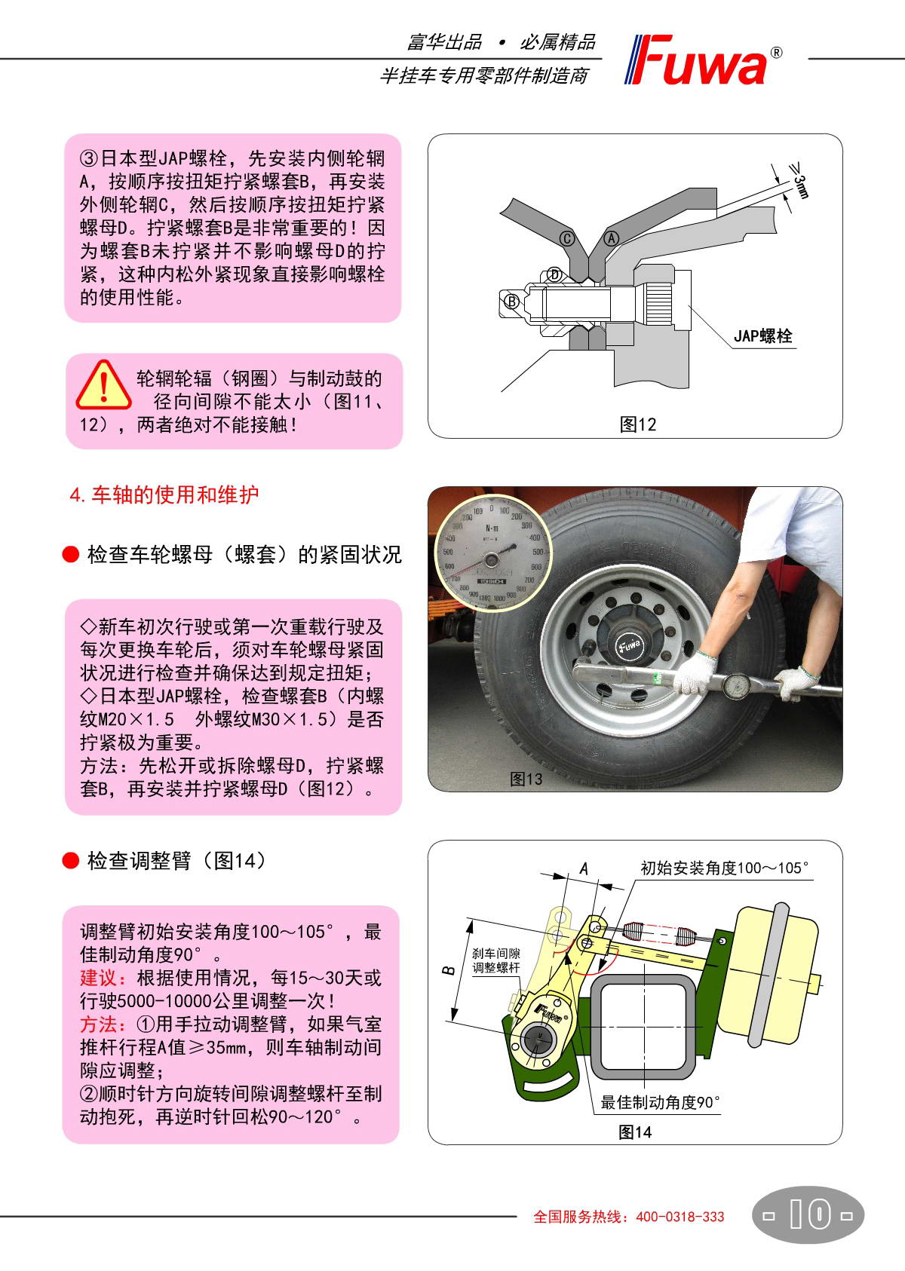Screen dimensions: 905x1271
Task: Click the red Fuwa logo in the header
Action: tap(703, 60)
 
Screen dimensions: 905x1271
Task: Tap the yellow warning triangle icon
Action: tap(104, 385)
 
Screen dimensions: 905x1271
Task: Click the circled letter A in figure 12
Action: tap(612, 238)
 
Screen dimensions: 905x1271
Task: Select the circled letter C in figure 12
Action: tap(566, 238)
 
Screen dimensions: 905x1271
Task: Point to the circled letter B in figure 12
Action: tap(511, 302)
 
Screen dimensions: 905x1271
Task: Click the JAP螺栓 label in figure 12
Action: tap(762, 336)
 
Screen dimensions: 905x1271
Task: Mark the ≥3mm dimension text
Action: tap(800, 180)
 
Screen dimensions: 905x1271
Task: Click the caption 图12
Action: tap(637, 424)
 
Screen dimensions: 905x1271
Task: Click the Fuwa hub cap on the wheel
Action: tap(630, 646)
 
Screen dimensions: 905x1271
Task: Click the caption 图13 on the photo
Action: tap(526, 779)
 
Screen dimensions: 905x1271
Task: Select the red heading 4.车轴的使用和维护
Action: tap(164, 495)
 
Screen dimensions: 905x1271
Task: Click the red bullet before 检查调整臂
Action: tap(70, 861)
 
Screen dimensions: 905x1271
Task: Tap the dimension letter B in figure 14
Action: tap(448, 970)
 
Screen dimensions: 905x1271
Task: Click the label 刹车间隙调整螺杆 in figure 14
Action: tap(495, 960)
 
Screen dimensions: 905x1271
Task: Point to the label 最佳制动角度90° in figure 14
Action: tap(660, 1102)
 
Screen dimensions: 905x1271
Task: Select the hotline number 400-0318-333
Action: tap(680, 1217)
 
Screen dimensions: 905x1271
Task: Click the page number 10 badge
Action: tap(808, 1214)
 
